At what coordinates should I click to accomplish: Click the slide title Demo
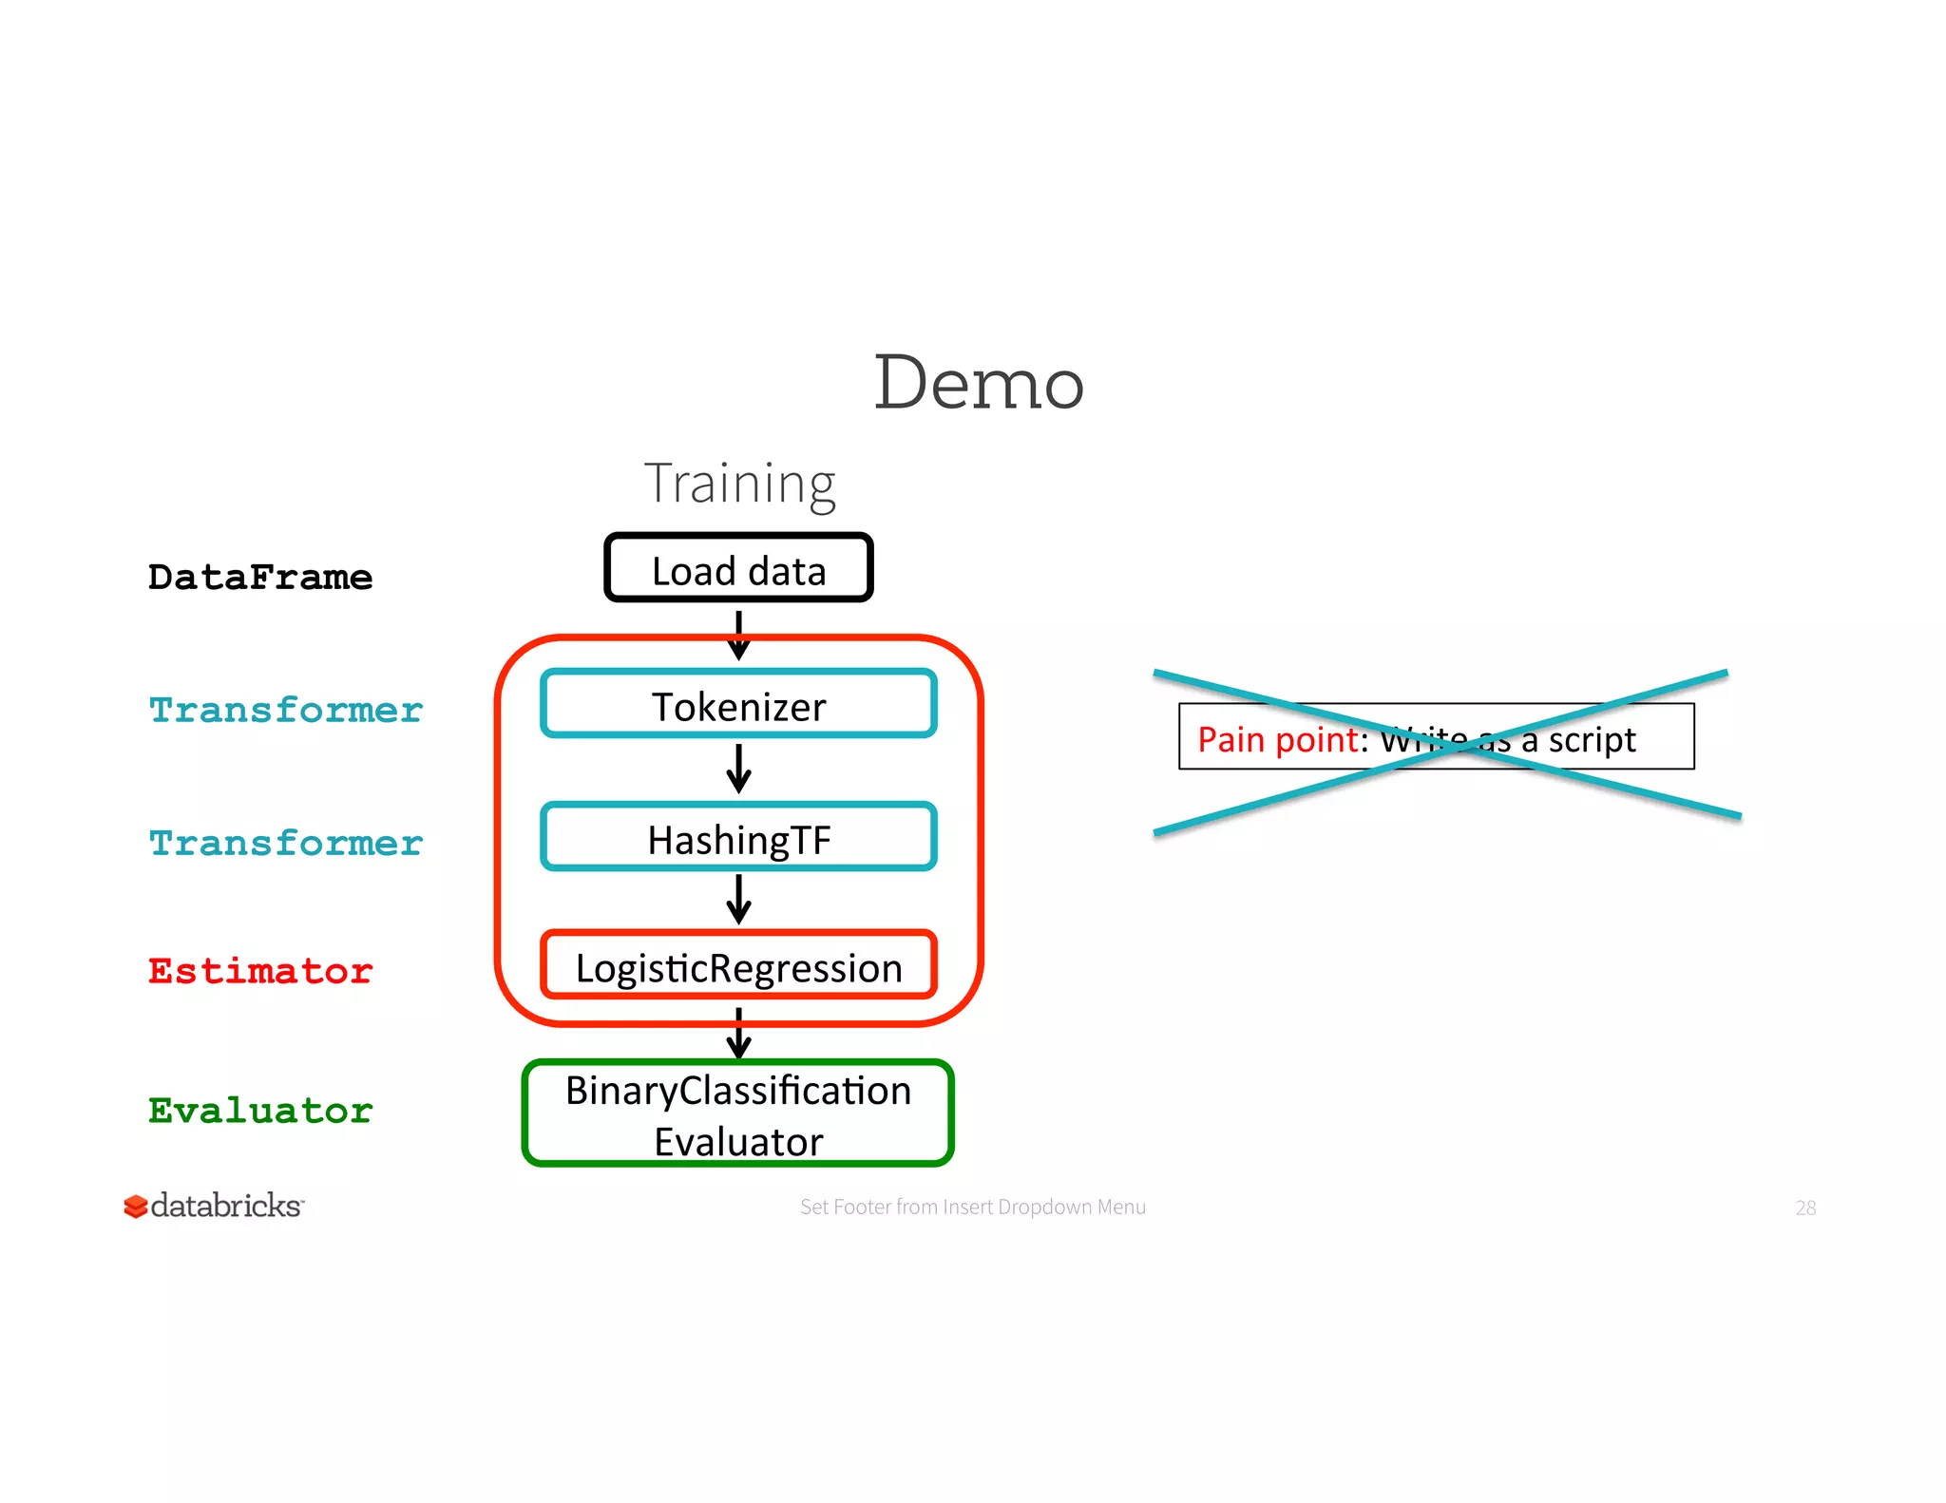(x=978, y=382)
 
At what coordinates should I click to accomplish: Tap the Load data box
(x=738, y=569)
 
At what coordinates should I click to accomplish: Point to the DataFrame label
(x=259, y=577)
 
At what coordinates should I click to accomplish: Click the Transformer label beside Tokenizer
(x=285, y=710)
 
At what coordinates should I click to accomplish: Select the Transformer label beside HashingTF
(x=285, y=843)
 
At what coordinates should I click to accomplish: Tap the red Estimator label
(x=259, y=971)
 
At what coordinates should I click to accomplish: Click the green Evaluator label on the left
(x=259, y=1110)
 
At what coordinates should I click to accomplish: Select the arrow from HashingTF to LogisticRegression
(x=738, y=900)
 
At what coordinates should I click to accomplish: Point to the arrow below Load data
(x=738, y=635)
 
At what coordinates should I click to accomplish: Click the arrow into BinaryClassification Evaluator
(x=738, y=1034)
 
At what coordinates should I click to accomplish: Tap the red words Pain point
(x=1278, y=739)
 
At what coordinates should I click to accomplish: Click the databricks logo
(x=214, y=1206)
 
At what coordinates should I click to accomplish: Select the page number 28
(x=1805, y=1208)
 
